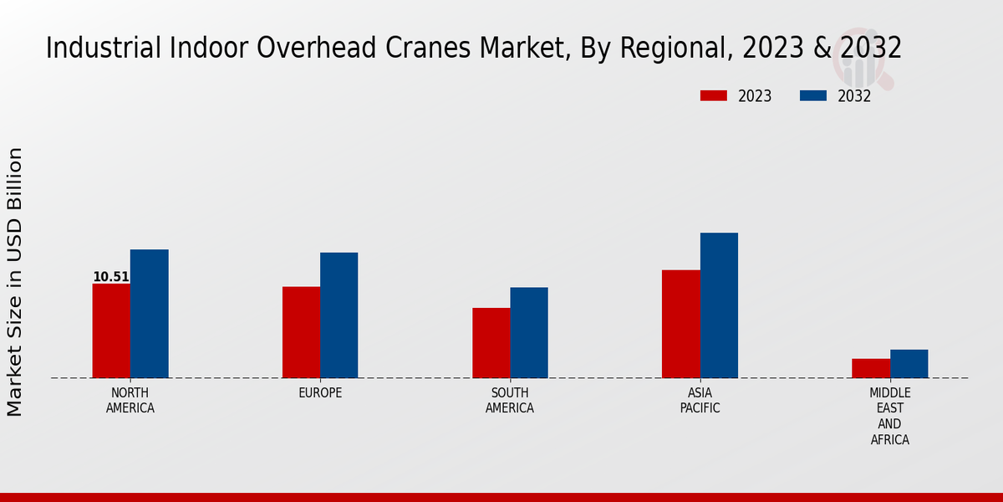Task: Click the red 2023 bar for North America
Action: (111, 330)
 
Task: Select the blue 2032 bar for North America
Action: (149, 314)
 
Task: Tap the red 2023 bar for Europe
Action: (301, 332)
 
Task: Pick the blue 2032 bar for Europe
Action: (339, 315)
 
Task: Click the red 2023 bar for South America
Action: (491, 343)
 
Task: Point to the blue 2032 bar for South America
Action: (529, 332)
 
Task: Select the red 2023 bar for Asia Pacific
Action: (680, 324)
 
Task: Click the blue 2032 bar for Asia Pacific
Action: (719, 305)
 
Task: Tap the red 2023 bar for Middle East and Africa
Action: (871, 368)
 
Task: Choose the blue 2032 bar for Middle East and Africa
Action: (909, 364)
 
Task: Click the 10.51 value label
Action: (110, 277)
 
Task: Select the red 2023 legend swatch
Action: (713, 96)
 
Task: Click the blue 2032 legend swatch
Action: (812, 96)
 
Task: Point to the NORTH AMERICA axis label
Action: (130, 401)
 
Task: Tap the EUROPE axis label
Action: (320, 393)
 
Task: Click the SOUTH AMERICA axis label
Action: (510, 401)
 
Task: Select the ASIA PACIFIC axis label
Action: (700, 401)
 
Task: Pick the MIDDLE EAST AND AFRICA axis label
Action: (889, 416)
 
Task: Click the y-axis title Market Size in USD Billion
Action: (15, 282)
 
